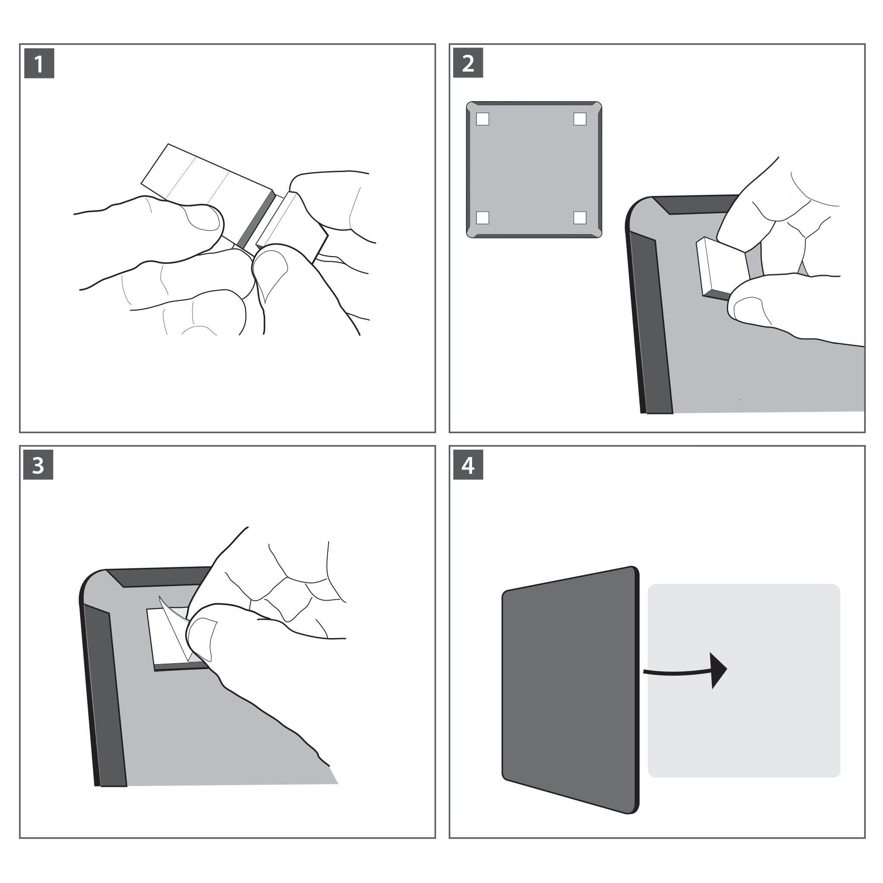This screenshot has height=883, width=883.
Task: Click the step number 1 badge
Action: point(39,63)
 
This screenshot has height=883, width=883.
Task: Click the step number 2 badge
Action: point(467,63)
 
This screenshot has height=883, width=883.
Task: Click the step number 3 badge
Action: point(38,465)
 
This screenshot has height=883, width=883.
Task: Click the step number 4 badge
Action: point(467,465)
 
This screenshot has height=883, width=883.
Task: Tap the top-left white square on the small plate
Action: point(482,119)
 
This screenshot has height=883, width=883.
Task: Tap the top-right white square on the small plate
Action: point(579,119)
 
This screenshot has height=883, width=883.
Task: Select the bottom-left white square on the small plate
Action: point(482,218)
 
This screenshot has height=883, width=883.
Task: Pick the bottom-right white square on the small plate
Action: point(579,218)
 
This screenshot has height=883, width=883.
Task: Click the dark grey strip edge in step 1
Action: point(256,219)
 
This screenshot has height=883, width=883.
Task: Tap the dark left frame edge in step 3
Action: point(103,695)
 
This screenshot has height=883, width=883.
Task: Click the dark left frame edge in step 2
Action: point(649,320)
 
